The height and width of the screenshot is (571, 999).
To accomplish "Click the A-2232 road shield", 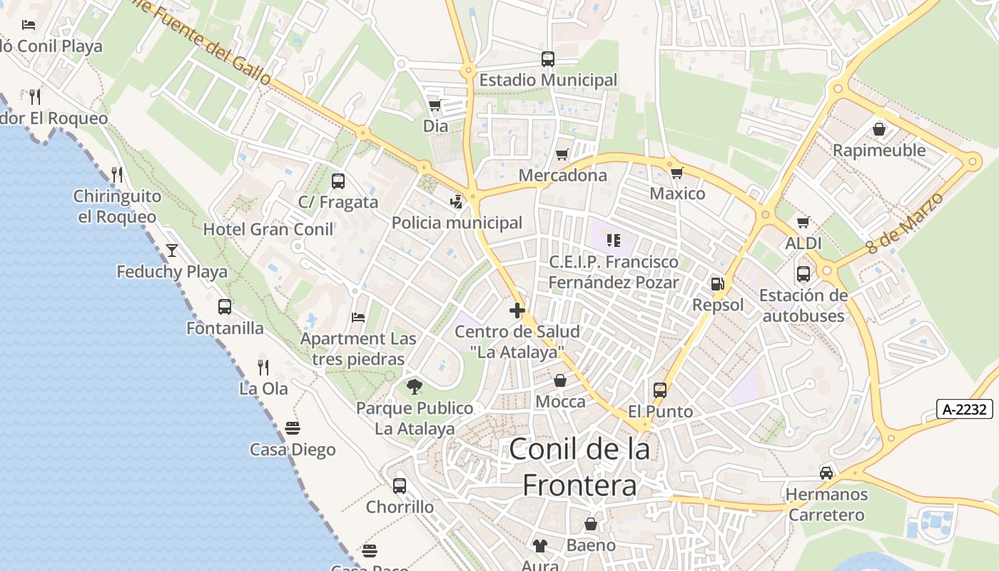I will pyautogui.click(x=965, y=409).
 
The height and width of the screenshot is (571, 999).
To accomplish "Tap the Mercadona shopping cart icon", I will pyautogui.click(x=562, y=155).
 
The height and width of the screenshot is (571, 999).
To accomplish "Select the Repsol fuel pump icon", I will pyautogui.click(x=717, y=284).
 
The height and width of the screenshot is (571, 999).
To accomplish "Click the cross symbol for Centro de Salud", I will pyautogui.click(x=517, y=310).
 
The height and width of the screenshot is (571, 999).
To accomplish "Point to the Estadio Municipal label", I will pyautogui.click(x=548, y=80).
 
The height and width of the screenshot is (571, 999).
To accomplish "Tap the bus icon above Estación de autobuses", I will pyautogui.click(x=803, y=273).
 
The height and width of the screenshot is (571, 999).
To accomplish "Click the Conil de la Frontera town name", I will pyautogui.click(x=579, y=467).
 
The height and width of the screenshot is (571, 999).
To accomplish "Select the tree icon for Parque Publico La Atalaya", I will pyautogui.click(x=414, y=388).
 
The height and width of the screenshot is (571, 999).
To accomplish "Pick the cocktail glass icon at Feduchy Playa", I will pyautogui.click(x=172, y=251).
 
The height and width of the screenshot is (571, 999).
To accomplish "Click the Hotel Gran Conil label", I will pyautogui.click(x=268, y=229).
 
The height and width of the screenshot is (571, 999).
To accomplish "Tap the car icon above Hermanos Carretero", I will pyautogui.click(x=826, y=473).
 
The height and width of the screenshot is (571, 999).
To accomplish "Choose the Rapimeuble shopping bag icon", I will pyautogui.click(x=879, y=129).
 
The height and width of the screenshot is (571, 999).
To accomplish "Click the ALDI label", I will pyautogui.click(x=803, y=243).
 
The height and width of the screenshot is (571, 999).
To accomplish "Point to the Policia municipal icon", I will pyautogui.click(x=457, y=202).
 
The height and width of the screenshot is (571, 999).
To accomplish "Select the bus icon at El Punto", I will pyautogui.click(x=660, y=390).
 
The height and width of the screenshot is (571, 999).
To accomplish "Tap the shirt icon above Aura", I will pyautogui.click(x=540, y=546).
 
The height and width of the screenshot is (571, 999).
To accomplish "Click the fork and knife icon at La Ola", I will pyautogui.click(x=263, y=368).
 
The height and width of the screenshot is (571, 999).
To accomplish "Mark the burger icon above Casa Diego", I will pyautogui.click(x=293, y=428).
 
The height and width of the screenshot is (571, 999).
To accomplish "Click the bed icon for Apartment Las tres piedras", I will pyautogui.click(x=358, y=318).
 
